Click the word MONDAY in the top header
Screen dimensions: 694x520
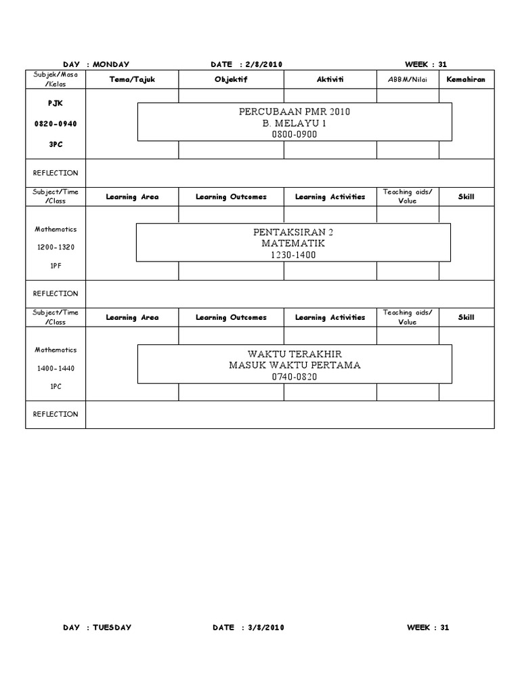[x=111, y=64]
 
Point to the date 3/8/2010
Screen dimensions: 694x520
[x=265, y=628]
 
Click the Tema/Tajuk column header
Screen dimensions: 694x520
[x=132, y=79]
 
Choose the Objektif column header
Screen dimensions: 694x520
[x=230, y=79]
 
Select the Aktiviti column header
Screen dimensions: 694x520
[x=330, y=79]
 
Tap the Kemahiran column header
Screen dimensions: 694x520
[x=466, y=79]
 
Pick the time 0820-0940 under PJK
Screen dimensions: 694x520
[x=56, y=125]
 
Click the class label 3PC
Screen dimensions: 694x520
[x=56, y=144]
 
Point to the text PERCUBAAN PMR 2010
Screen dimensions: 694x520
[x=295, y=112]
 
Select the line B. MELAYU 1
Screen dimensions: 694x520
[x=295, y=123]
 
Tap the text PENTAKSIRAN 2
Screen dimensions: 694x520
[x=294, y=232]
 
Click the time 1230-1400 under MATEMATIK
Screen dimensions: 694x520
[x=294, y=255]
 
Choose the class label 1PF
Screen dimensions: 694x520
[x=56, y=266]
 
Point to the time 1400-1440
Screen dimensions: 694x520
[x=56, y=368]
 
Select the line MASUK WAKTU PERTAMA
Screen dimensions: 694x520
[x=295, y=365]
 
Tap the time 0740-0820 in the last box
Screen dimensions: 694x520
[x=295, y=377]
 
